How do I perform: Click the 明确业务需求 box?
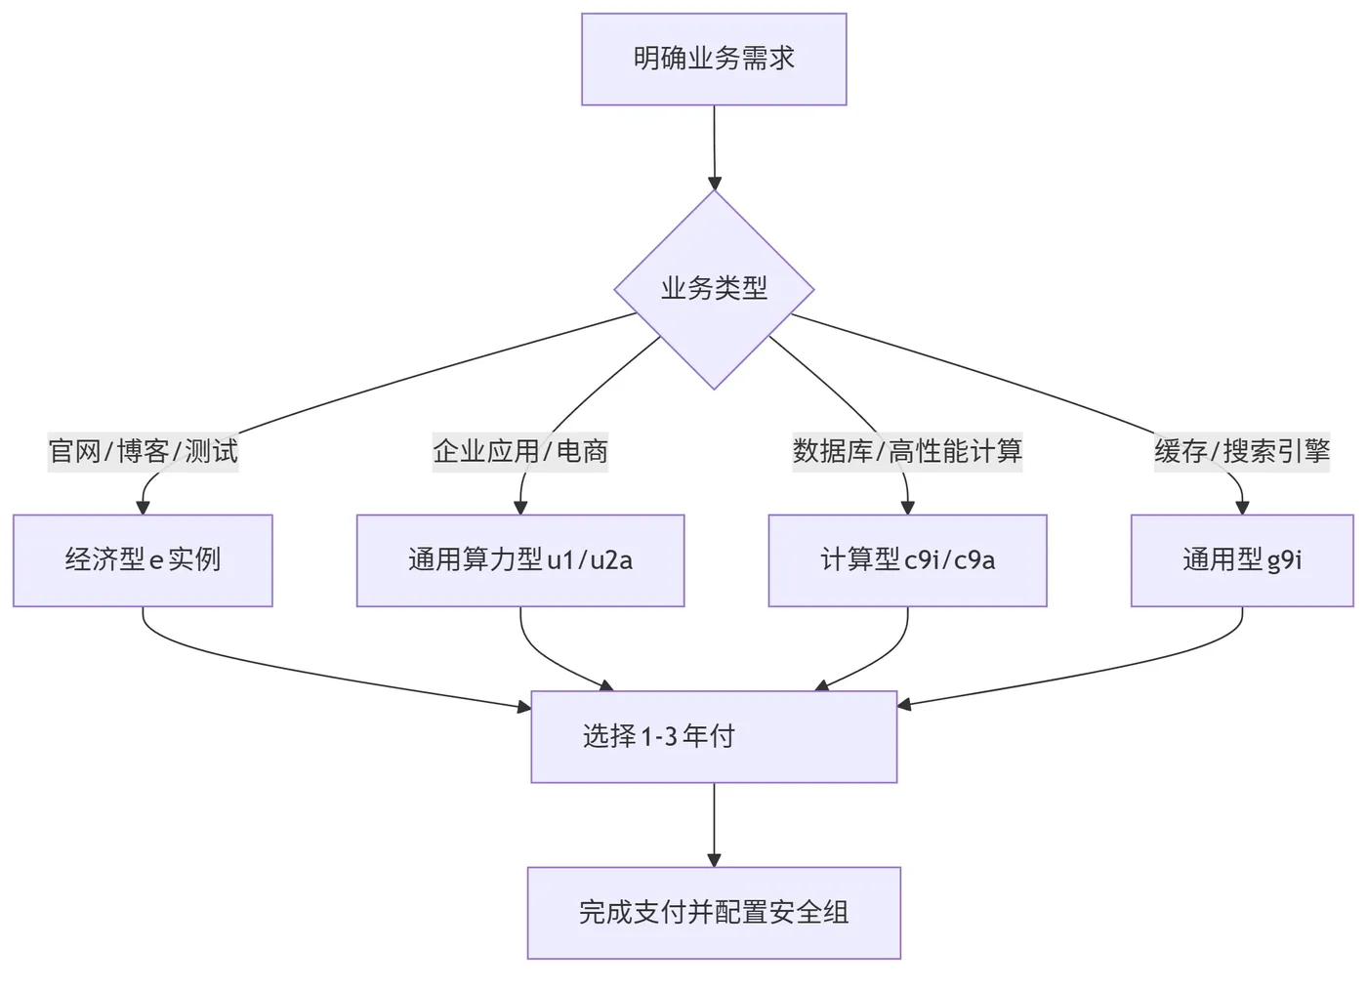click(714, 59)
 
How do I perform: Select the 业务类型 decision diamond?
click(714, 289)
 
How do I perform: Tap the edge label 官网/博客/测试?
click(143, 451)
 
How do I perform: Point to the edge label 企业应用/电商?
click(520, 451)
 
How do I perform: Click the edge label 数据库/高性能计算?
click(907, 451)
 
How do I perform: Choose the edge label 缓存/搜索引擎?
click(1242, 451)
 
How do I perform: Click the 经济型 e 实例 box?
click(143, 560)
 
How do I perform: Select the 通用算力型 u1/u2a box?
click(520, 560)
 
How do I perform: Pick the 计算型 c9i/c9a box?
click(907, 560)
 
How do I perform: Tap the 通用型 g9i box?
click(1242, 560)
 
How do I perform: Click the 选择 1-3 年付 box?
click(714, 736)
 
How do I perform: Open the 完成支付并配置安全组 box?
click(714, 913)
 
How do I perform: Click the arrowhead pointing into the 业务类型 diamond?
click(715, 183)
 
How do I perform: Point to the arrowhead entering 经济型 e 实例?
click(143, 508)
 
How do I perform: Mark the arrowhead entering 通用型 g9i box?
click(1242, 508)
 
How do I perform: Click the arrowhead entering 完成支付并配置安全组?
click(714, 860)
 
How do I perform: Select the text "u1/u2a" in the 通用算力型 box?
click(590, 560)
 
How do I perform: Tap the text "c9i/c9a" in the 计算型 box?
click(950, 560)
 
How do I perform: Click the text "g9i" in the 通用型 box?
click(1284, 560)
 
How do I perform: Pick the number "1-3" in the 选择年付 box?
click(659, 736)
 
